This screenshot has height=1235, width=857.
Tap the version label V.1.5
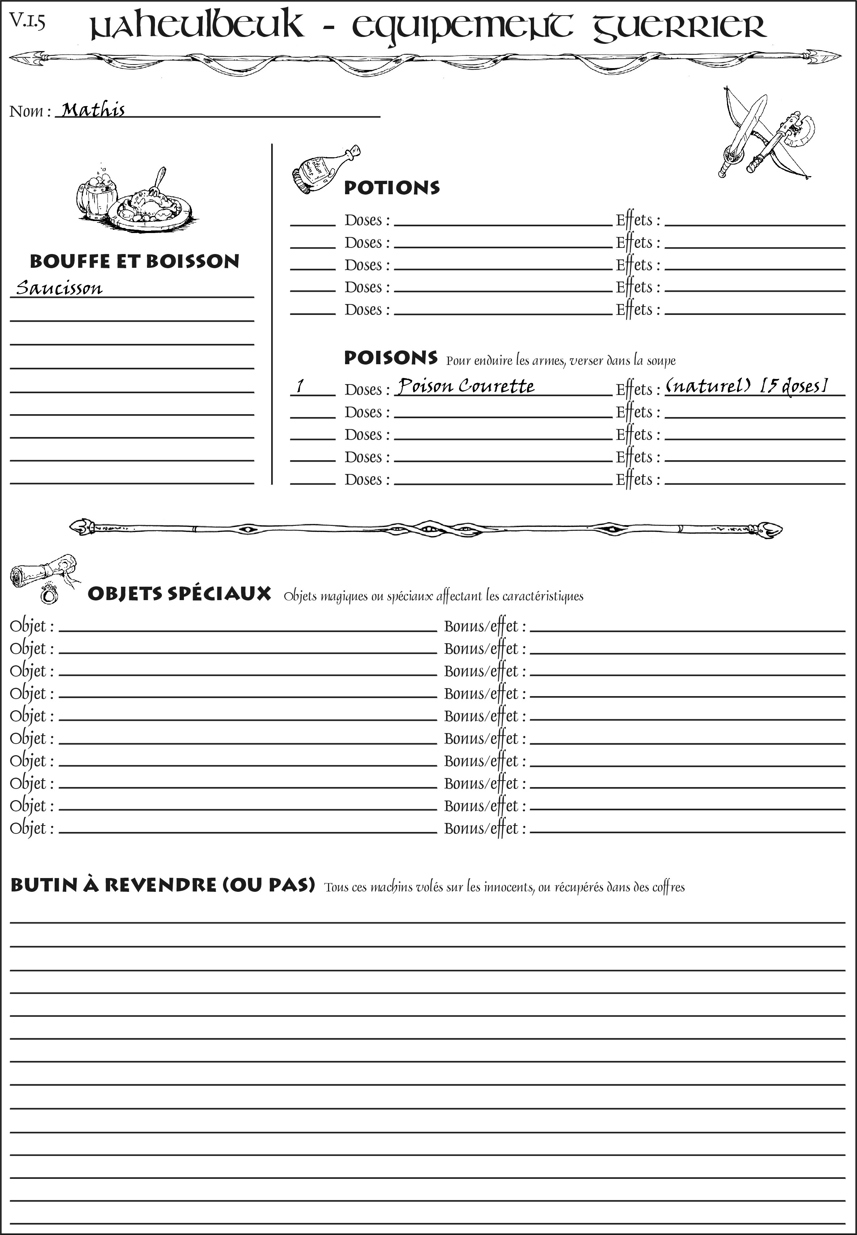coord(27,21)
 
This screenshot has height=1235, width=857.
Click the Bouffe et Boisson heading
coord(134,261)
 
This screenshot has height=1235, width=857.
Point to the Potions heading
coord(391,188)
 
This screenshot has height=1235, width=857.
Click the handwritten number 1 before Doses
coord(300,386)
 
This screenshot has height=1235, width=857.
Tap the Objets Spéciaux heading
coord(179,594)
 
